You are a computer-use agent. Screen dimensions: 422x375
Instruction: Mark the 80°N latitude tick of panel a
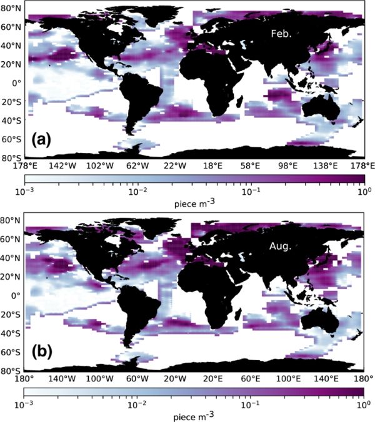[x=11, y=7]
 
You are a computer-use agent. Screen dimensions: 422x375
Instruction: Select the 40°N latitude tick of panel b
[x=11, y=258]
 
